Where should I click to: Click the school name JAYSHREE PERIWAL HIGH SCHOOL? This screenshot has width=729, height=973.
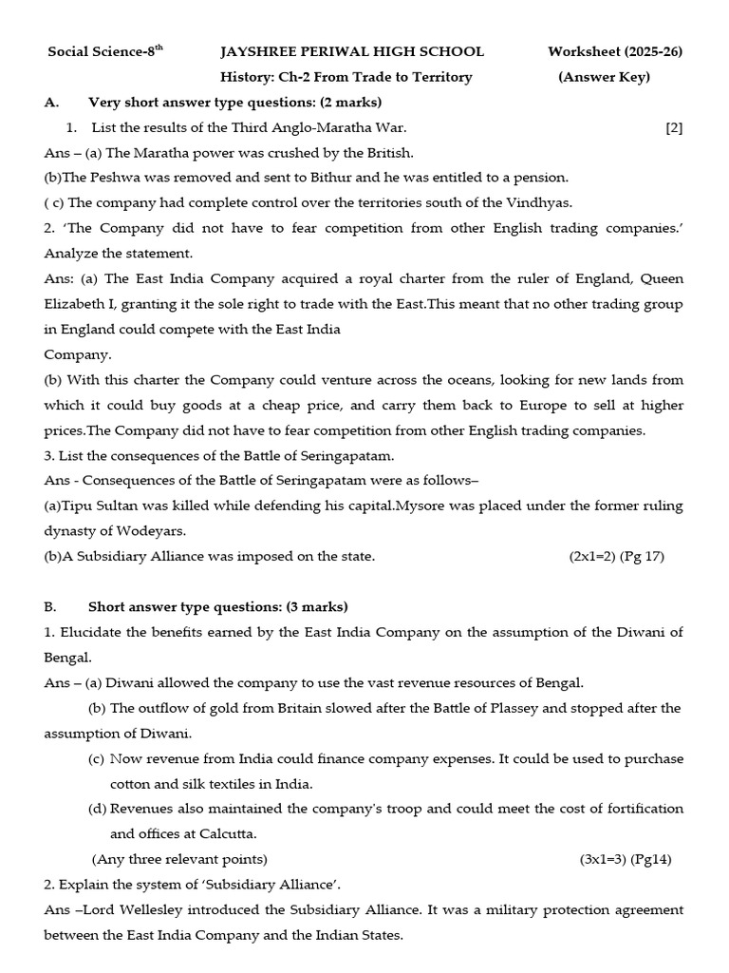click(352, 51)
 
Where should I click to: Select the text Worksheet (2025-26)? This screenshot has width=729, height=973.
click(615, 51)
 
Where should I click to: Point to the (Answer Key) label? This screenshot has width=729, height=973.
click(604, 77)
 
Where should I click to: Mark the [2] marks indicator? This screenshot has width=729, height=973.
click(674, 127)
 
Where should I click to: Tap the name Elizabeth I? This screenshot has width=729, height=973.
click(83, 304)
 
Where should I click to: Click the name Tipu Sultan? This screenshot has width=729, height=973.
click(101, 506)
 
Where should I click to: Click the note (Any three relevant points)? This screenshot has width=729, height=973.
click(180, 859)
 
